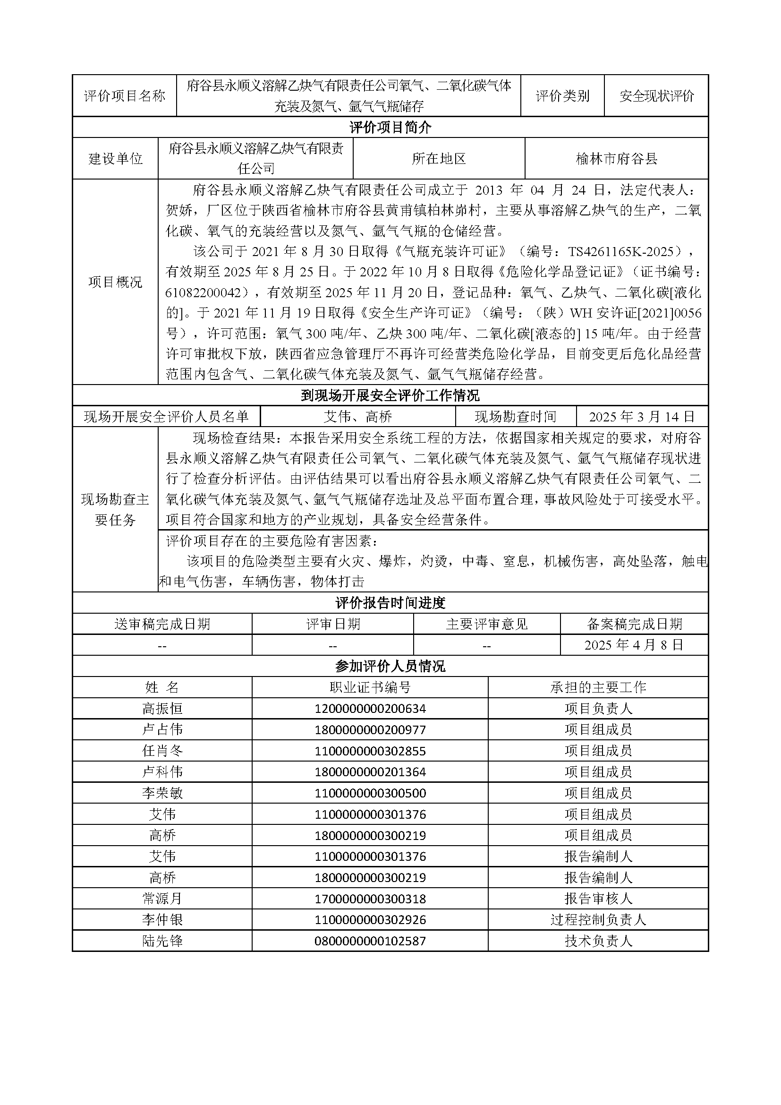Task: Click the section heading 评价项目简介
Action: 390,128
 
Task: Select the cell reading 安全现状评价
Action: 656,96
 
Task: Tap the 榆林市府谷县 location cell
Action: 617,159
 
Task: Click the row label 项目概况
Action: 115,282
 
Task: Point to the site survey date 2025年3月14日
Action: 642,416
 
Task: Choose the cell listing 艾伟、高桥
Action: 358,416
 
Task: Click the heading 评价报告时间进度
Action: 390,602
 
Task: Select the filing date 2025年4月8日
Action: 634,645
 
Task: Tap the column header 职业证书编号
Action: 370,687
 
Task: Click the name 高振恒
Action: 162,709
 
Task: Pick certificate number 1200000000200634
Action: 370,709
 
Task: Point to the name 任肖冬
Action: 162,751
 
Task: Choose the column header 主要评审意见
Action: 487,624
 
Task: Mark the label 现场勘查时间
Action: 516,416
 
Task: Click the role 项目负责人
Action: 598,709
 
